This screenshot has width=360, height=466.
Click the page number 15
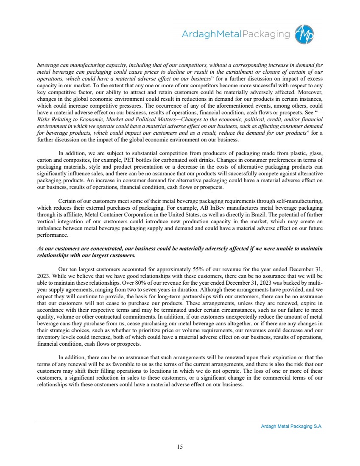tap(180, 447)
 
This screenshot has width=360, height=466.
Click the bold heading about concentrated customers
tap(180, 252)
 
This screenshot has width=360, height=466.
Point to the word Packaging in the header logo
tap(265, 34)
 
